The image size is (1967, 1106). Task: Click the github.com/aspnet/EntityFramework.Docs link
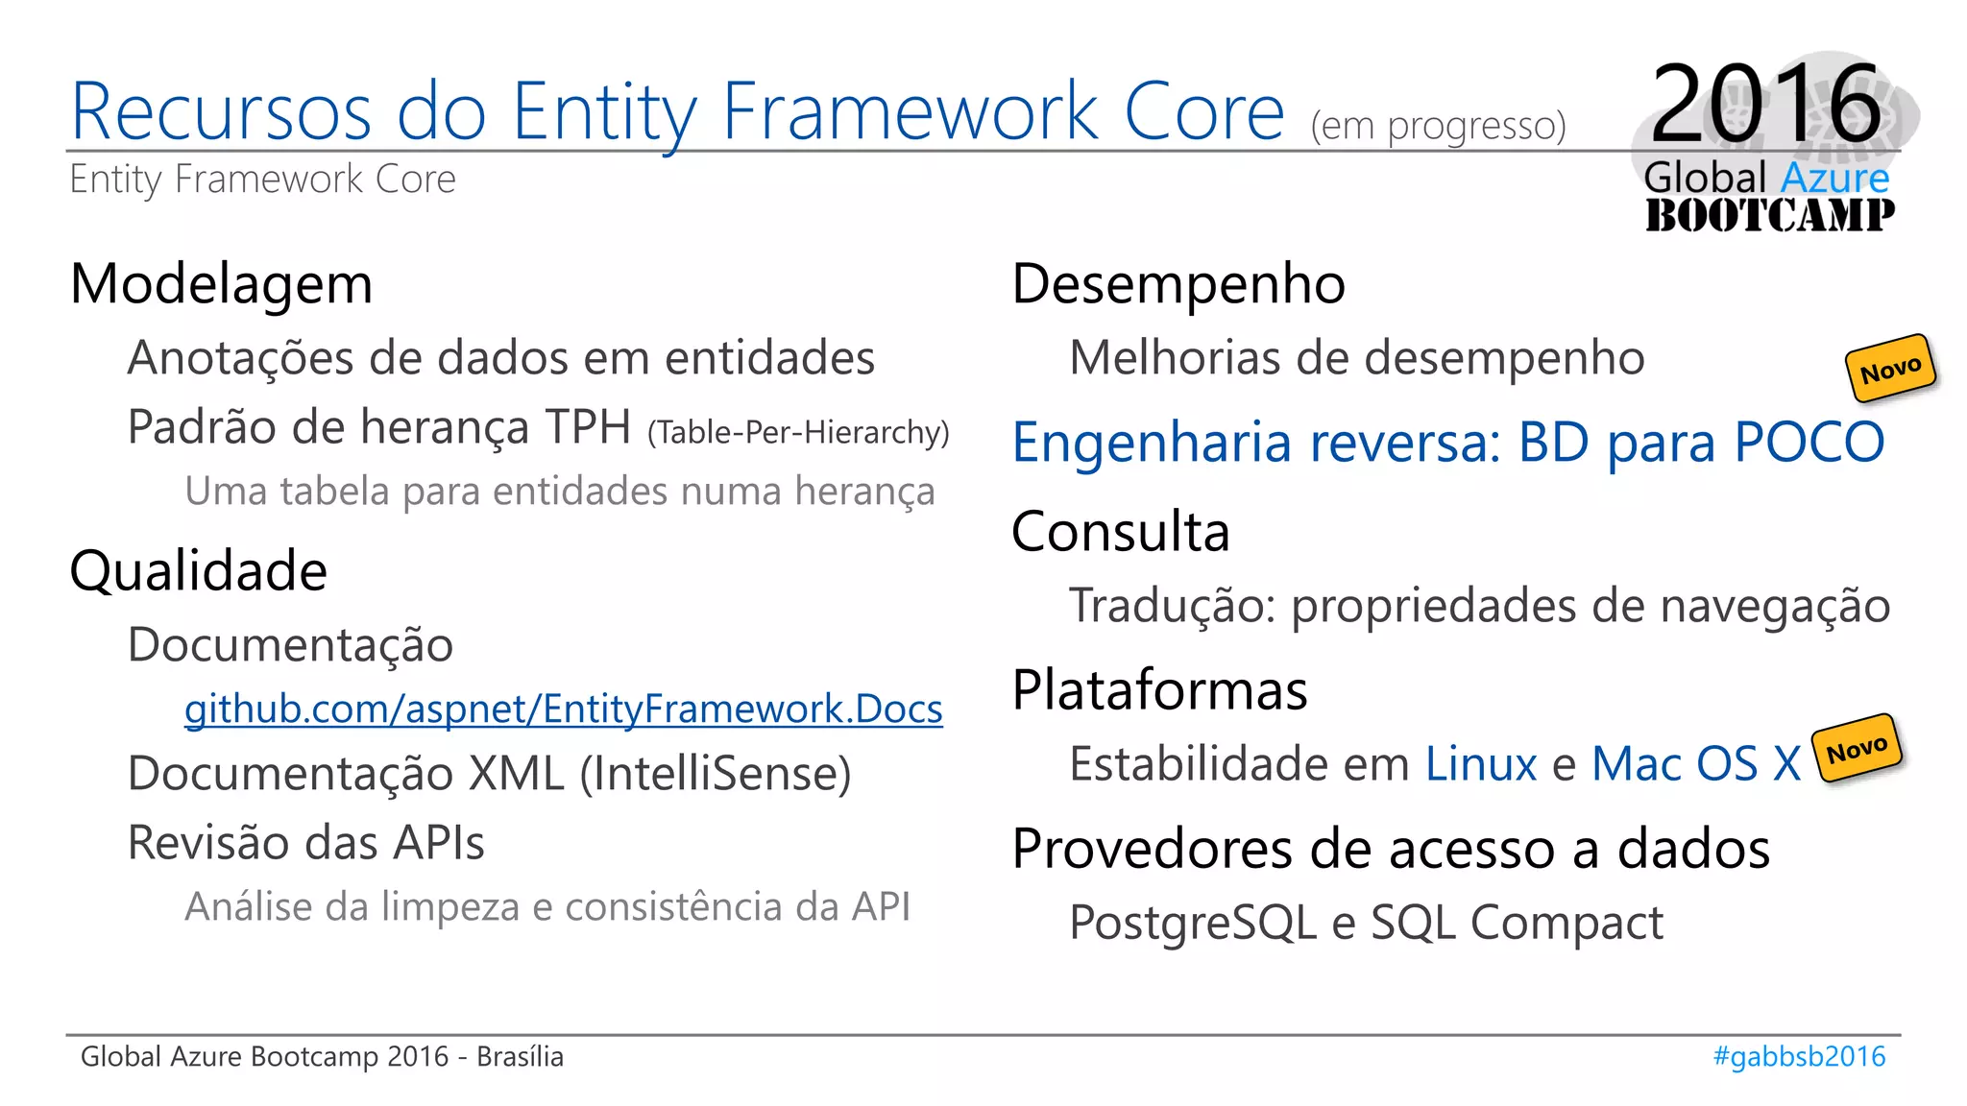point(563,709)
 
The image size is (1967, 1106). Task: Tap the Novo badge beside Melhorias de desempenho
point(1889,368)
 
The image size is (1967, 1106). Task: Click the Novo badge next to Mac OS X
point(1856,748)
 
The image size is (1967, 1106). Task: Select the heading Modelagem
point(221,284)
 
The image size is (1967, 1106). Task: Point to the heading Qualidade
point(199,571)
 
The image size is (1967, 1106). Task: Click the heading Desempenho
point(1178,284)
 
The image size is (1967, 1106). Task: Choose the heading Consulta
point(1120,532)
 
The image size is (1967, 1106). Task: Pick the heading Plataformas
point(1159,690)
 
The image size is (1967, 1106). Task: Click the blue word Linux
point(1481,764)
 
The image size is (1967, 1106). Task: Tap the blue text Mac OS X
point(1696,764)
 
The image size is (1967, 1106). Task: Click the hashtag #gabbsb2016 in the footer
point(1799,1056)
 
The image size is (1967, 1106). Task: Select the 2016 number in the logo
point(1766,103)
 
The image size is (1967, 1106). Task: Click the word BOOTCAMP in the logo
point(1769,215)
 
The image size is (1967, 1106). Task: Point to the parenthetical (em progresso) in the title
point(1438,126)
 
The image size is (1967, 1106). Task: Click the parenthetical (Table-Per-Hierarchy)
point(798,433)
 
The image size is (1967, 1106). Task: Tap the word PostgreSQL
point(1193,923)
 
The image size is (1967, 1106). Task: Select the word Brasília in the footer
point(520,1056)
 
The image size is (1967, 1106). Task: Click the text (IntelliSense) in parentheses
point(716,774)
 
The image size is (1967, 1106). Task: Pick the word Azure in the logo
point(1834,179)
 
